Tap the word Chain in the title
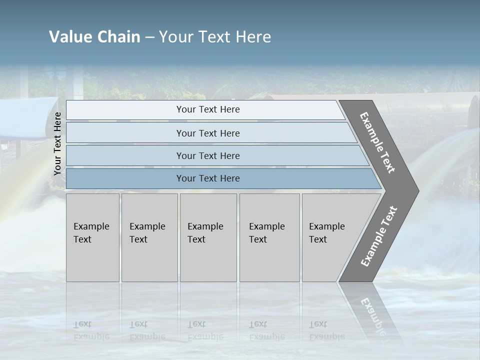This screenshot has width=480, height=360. pyautogui.click(x=118, y=37)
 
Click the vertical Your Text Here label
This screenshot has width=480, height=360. pyautogui.click(x=57, y=144)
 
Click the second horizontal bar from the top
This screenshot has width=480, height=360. pyautogui.click(x=207, y=133)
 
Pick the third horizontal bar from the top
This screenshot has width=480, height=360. pyautogui.click(x=207, y=156)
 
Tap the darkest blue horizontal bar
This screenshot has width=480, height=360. pyautogui.click(x=207, y=178)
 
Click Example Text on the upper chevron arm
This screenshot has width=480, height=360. pyautogui.click(x=378, y=143)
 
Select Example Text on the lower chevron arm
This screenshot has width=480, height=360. pyautogui.click(x=378, y=236)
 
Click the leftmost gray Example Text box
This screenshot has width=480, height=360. pyautogui.click(x=92, y=237)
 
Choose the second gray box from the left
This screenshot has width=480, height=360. pyautogui.click(x=149, y=237)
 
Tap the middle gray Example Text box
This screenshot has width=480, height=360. pyautogui.click(x=208, y=237)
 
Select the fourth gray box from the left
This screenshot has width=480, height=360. pyautogui.click(x=269, y=237)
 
